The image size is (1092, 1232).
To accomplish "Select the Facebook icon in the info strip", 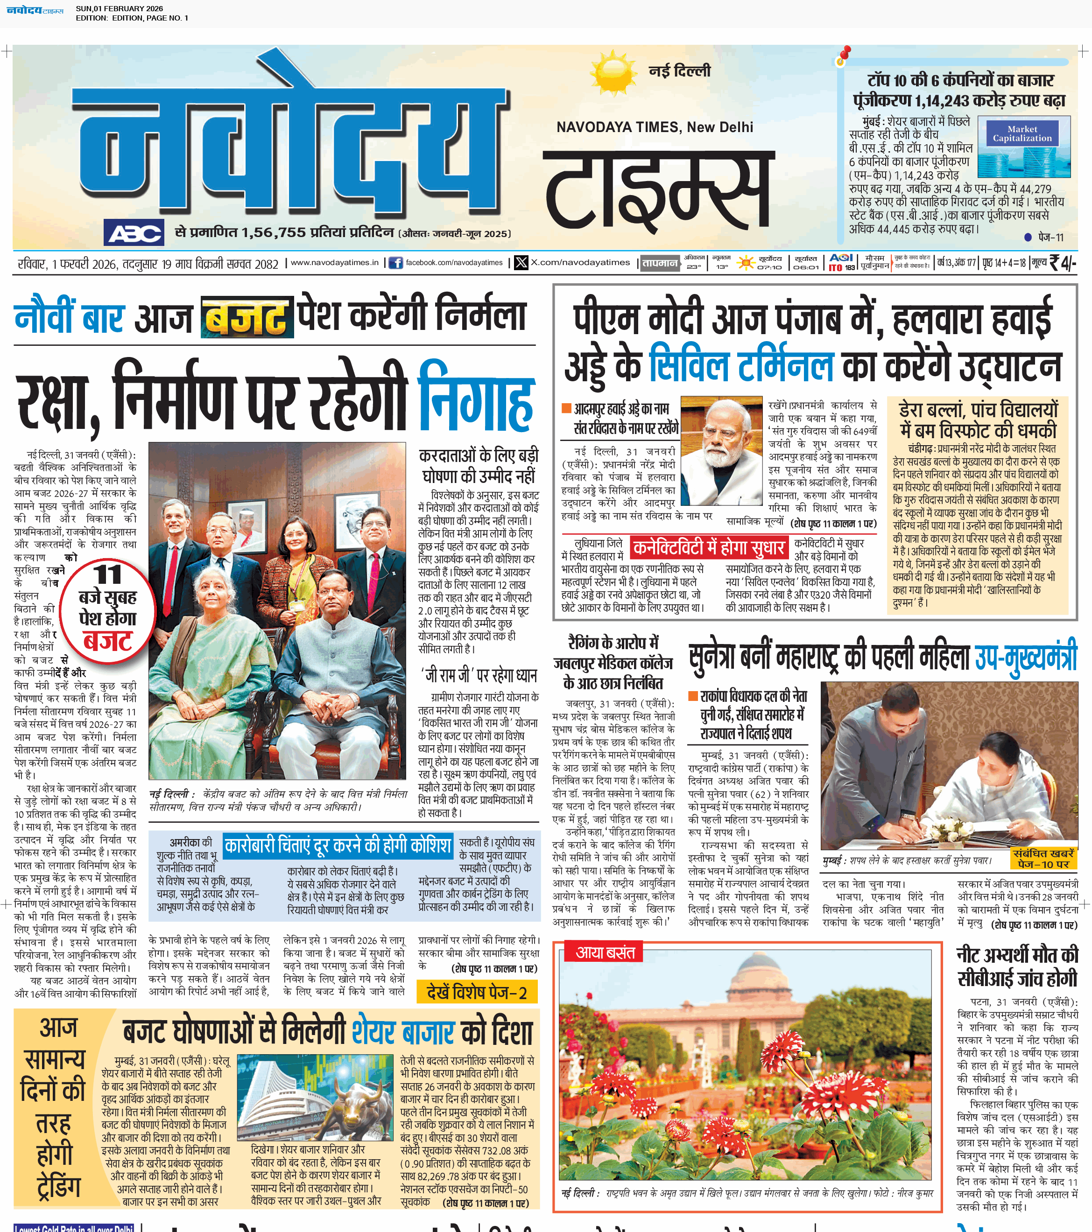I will tap(395, 263).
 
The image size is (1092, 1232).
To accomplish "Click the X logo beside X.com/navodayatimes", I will tap(521, 263).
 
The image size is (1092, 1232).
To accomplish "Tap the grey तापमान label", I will tap(660, 263).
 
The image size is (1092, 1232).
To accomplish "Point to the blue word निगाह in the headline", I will tap(476, 396).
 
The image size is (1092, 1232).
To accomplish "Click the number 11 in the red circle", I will tap(108, 574).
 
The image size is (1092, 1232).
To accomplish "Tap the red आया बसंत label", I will tap(605, 952).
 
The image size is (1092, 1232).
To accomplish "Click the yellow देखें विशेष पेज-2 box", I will tap(476, 993).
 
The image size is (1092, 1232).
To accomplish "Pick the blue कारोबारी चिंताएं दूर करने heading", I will tap(337, 846).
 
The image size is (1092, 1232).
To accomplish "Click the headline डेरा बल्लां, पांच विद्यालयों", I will tap(978, 420).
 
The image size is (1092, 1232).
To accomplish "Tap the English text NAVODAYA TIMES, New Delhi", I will tap(654, 127).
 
